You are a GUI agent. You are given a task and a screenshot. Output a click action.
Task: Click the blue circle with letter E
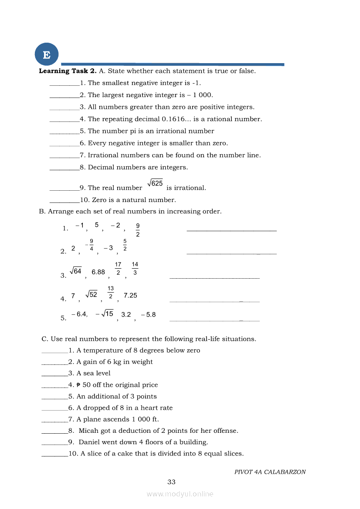pos(47,55)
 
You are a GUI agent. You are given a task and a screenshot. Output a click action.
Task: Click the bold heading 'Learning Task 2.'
pos(68,71)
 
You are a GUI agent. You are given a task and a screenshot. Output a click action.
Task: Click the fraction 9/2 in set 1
pos(138,230)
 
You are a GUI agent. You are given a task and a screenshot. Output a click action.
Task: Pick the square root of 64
pos(76,271)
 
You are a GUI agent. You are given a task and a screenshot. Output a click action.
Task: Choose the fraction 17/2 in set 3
pos(118,269)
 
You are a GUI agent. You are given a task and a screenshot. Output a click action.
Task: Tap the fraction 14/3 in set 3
pos(135,269)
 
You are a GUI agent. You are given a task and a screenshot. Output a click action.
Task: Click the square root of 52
pos(92,295)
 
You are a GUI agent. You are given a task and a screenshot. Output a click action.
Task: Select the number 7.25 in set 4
pos(130,295)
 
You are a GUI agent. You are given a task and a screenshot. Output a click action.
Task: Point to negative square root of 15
pos(104,314)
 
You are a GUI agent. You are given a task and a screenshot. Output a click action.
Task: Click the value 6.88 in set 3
pos(98,272)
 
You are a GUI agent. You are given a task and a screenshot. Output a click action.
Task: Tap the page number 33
pos(171,482)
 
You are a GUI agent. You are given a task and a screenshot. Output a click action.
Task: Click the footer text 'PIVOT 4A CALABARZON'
pos(270,472)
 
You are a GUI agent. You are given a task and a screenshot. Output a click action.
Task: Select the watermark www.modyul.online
pos(180,494)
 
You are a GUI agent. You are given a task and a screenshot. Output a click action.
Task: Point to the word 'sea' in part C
pos(89,373)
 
